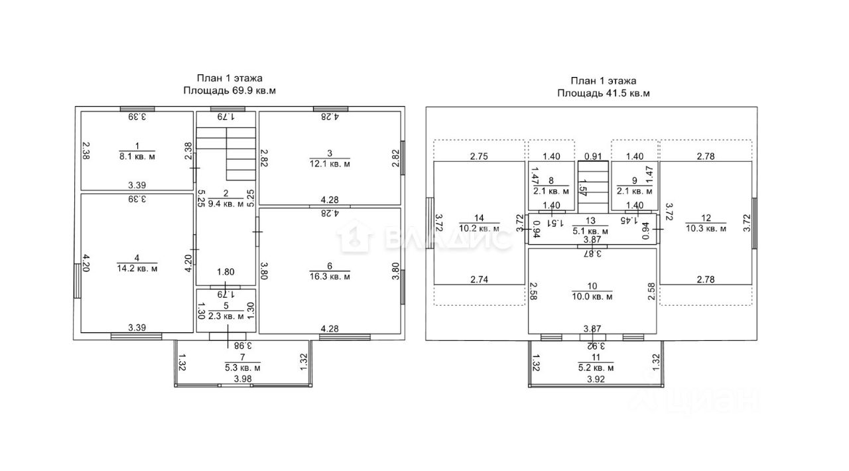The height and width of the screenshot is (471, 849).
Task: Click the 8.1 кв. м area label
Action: pyautogui.click(x=137, y=157)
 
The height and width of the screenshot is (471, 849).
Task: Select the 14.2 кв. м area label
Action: pyautogui.click(x=137, y=269)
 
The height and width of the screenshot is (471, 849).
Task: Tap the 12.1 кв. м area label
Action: pyautogui.click(x=330, y=163)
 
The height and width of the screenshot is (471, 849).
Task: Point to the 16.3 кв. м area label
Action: pyautogui.click(x=330, y=276)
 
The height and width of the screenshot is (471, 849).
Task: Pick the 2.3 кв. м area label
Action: pyautogui.click(x=226, y=316)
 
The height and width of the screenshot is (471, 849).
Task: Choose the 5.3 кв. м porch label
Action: pyautogui.click(x=243, y=367)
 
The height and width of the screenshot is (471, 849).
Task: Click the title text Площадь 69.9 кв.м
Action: pyautogui.click(x=229, y=92)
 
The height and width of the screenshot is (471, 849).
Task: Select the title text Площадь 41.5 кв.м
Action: pyautogui.click(x=603, y=94)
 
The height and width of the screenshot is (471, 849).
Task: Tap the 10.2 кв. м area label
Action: pyautogui.click(x=480, y=228)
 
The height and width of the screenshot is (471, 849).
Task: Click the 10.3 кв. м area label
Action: pyautogui.click(x=705, y=228)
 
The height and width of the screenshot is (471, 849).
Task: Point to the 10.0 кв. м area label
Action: pyautogui.click(x=592, y=296)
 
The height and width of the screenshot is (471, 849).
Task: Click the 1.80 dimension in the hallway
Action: pyautogui.click(x=226, y=271)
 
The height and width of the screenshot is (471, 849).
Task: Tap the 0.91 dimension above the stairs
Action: pyautogui.click(x=593, y=157)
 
